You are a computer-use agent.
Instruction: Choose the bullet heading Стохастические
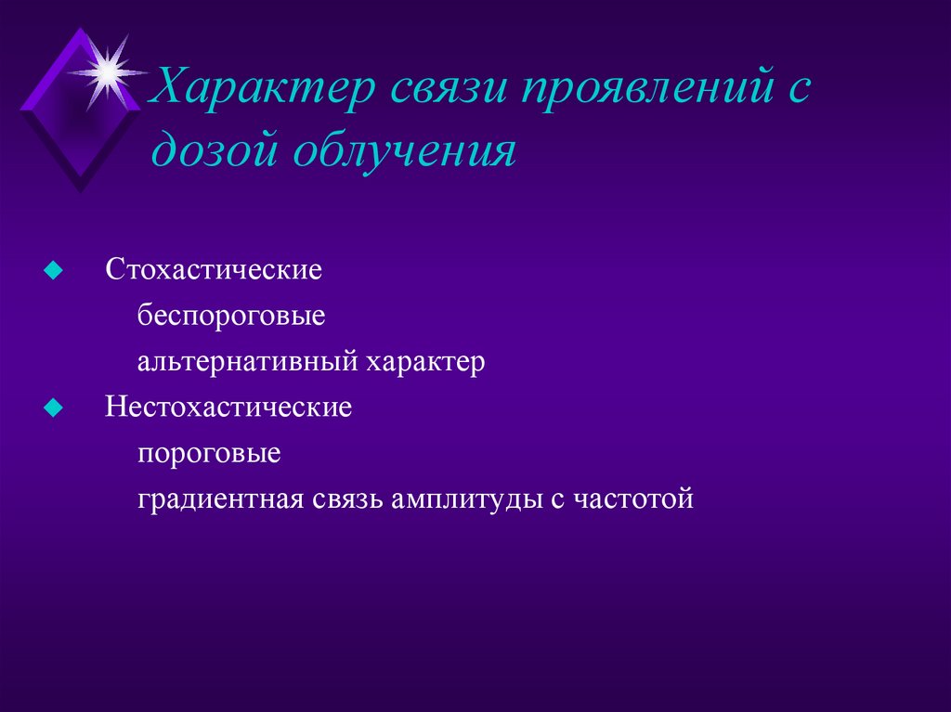coord(214,271)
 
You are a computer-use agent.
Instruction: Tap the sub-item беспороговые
coord(231,317)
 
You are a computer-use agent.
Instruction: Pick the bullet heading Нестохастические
coord(228,408)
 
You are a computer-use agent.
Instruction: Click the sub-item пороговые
coord(209,454)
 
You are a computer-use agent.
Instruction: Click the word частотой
coord(633,499)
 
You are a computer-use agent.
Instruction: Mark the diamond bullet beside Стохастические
coord(54,271)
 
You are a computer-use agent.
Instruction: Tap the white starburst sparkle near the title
coord(108,69)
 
